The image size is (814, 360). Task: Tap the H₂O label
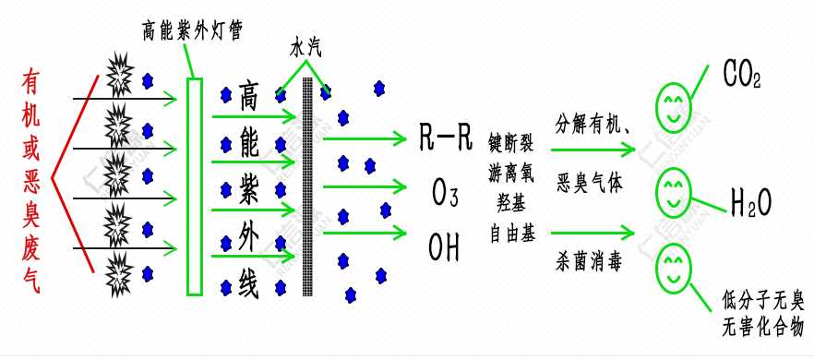[750, 200]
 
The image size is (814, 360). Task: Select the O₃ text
[446, 194]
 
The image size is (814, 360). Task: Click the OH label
[445, 247]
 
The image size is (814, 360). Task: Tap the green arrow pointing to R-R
[365, 139]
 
